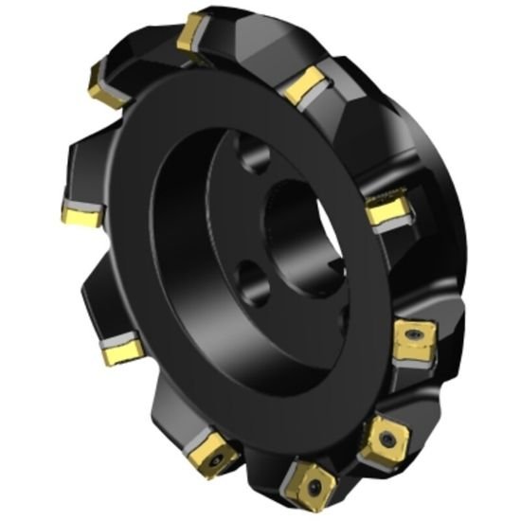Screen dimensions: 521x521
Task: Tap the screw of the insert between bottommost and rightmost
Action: click(x=386, y=437)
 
